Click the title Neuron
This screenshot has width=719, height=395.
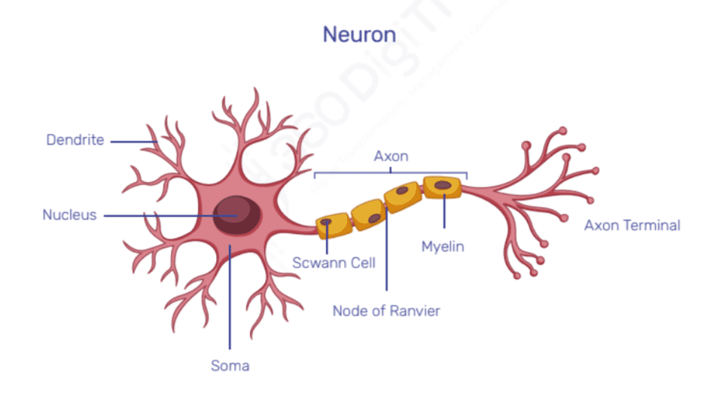pos(359,35)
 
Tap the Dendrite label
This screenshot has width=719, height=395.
pos(75,140)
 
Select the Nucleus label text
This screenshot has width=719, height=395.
pos(69,215)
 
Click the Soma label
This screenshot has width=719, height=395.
pos(230,366)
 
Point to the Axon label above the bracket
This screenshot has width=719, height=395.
pos(391,156)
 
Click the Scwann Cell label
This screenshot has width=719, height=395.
pos(334,263)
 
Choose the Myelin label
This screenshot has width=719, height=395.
pos(443,247)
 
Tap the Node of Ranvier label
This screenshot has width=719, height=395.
pos(386,310)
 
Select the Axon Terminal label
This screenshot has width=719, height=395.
pos(632,225)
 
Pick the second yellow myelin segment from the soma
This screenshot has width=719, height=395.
pos(367,214)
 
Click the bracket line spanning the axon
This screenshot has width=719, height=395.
pos(391,172)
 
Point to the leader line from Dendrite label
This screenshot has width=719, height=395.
pos(132,141)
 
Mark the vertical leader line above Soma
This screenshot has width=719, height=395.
pos(230,301)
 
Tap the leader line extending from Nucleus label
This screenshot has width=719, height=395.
pos(166,216)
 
